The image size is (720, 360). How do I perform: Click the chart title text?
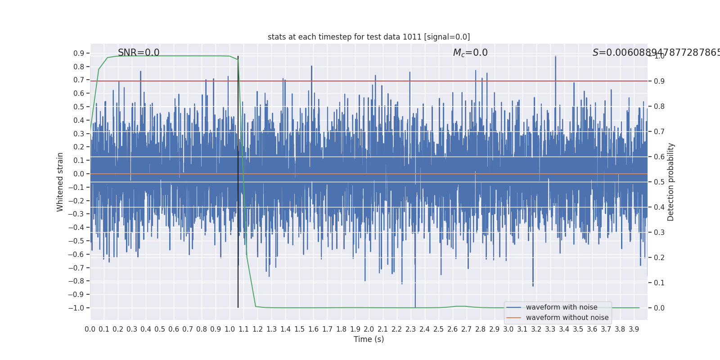click(x=369, y=37)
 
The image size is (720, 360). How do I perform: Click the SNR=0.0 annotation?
click(x=139, y=53)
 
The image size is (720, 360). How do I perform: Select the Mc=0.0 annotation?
click(x=470, y=53)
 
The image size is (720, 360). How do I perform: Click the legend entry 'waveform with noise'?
click(x=562, y=307)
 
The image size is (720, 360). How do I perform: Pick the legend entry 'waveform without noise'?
click(x=567, y=318)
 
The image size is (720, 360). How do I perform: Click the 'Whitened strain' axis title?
click(x=60, y=182)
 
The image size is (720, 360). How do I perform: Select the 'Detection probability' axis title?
click(x=671, y=182)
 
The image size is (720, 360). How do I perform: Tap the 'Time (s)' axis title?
click(x=369, y=339)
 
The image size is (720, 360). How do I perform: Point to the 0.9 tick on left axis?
click(x=79, y=53)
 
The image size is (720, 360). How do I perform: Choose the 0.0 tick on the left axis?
click(x=79, y=174)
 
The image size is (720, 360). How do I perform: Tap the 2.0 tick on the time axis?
click(x=369, y=329)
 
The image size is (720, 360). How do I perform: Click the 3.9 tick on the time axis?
click(x=634, y=329)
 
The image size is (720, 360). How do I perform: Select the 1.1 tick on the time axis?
click(x=243, y=329)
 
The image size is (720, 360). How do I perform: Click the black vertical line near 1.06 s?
click(x=238, y=180)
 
